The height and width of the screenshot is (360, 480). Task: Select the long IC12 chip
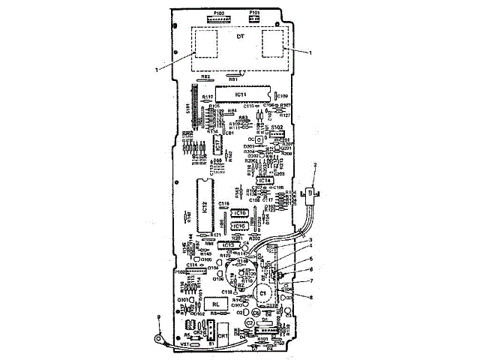click(204, 206)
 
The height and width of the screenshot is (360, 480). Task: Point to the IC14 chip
click(264, 181)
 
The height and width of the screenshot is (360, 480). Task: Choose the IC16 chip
click(240, 214)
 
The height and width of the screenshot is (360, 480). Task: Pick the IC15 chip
click(240, 226)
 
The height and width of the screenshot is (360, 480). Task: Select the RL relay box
click(216, 303)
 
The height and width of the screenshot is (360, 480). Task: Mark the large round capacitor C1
click(262, 291)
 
